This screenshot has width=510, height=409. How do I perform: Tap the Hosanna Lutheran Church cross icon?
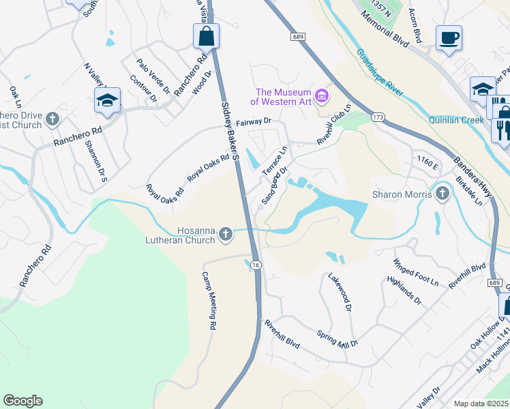(x=226, y=236)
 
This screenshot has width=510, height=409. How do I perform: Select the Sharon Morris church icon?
(x=442, y=194)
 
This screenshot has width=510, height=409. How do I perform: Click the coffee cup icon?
(x=449, y=38)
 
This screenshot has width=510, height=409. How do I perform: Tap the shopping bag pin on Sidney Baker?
(x=206, y=35)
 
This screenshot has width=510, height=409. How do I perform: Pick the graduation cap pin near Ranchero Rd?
(x=107, y=100)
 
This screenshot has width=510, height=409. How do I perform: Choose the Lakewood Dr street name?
(x=339, y=292)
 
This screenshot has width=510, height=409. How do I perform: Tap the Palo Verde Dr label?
(x=153, y=76)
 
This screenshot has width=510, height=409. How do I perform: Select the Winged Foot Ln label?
(x=416, y=271)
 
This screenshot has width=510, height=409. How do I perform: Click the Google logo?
(x=22, y=401)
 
